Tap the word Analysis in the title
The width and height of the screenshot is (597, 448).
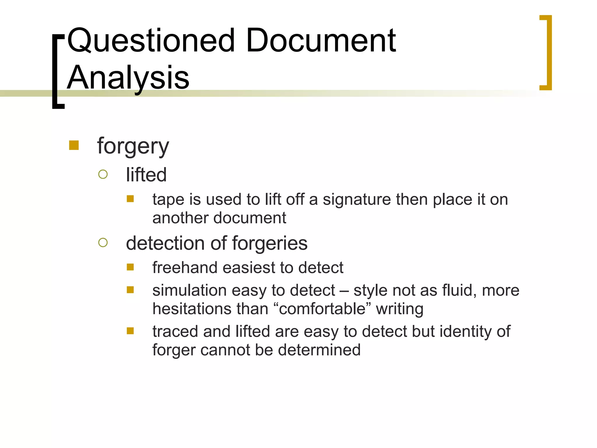[128, 78]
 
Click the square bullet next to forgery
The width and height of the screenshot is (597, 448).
[74, 145]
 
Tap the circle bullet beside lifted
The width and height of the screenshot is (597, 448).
[103, 174]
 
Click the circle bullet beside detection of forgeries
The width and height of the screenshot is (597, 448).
[103, 242]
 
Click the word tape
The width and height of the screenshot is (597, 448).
[168, 200]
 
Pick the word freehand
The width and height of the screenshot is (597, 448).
[185, 267]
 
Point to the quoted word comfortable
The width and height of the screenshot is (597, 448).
[322, 309]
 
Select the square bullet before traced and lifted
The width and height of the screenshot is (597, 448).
[130, 331]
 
